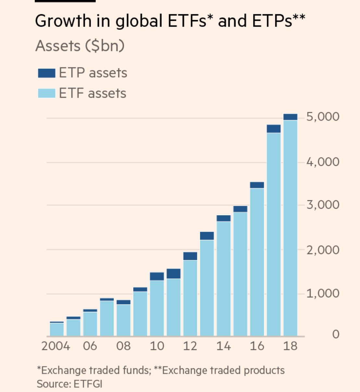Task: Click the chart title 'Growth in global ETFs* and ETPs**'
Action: point(170,21)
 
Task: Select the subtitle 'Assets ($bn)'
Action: point(80,46)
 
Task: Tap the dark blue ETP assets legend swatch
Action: point(46,73)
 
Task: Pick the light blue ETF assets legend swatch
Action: point(46,93)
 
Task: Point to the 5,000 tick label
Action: point(323,117)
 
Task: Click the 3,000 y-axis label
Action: point(323,205)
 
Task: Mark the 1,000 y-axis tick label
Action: point(323,294)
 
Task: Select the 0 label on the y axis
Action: point(336,334)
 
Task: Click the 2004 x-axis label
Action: point(56,346)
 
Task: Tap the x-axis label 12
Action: point(190,346)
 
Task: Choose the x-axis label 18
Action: point(290,346)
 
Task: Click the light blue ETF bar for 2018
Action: point(290,227)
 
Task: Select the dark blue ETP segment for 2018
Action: point(290,117)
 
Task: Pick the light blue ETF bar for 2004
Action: point(57,329)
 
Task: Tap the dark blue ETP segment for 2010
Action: point(157,276)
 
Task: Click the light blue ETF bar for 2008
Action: point(123,320)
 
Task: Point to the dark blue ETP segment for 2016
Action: point(257,185)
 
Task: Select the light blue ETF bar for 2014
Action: point(224,279)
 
